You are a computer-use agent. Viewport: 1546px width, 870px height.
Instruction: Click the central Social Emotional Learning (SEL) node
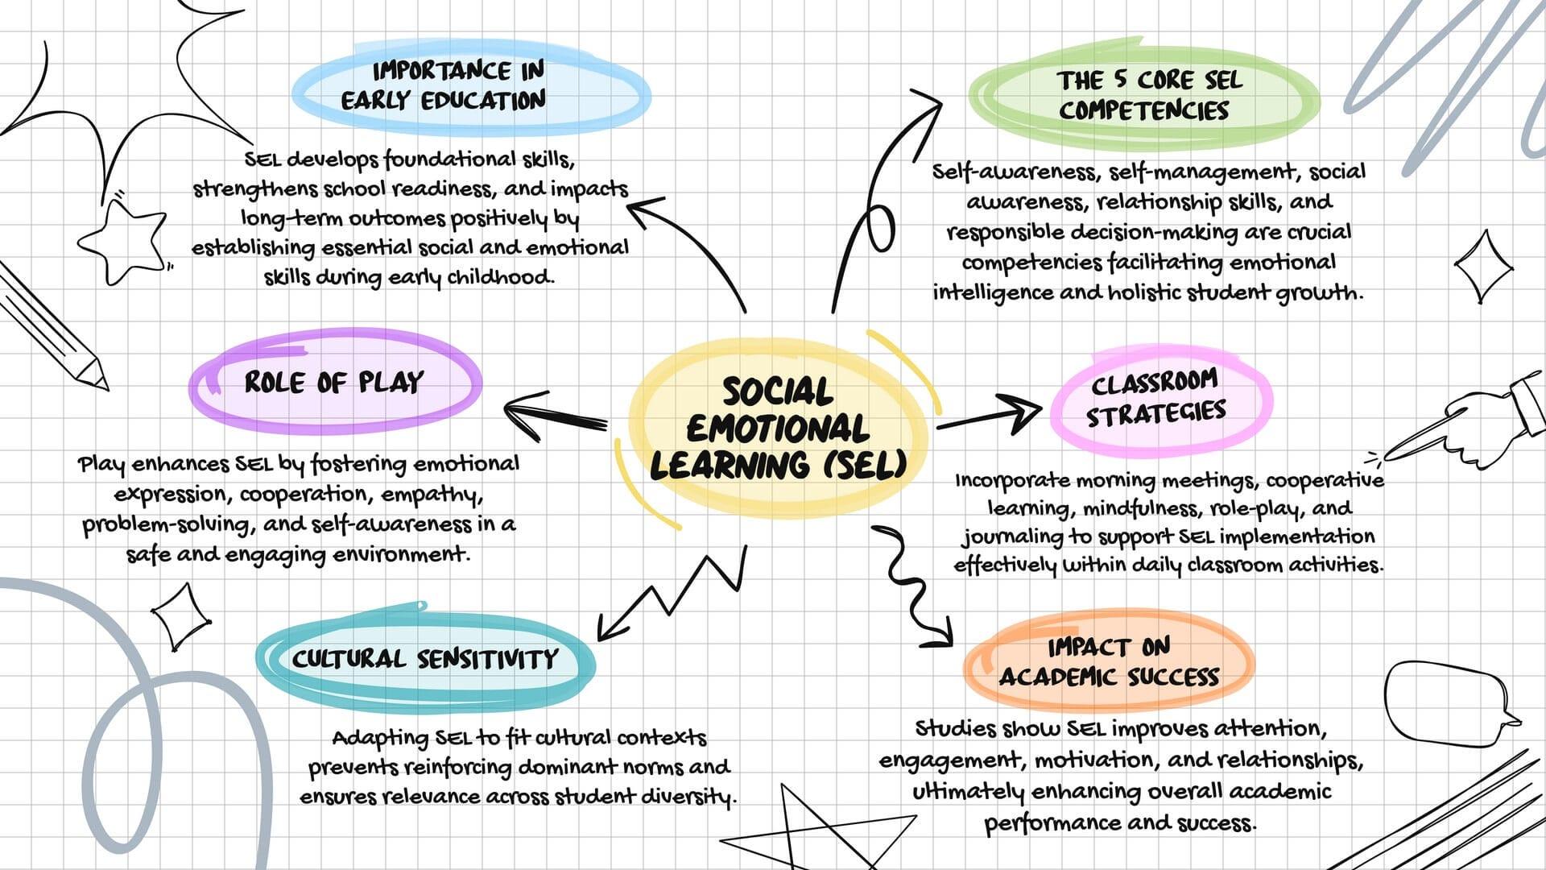(x=777, y=429)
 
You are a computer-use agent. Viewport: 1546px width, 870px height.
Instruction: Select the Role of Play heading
(x=334, y=382)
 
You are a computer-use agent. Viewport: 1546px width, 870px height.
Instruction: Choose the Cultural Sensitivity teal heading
(x=425, y=659)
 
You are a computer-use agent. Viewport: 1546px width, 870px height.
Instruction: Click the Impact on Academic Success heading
(x=1109, y=661)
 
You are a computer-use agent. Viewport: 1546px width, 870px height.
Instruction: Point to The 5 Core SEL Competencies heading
(x=1145, y=95)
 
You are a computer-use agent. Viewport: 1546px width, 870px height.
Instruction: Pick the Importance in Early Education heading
(x=444, y=85)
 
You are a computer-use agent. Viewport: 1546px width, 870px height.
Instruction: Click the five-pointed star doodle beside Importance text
(x=125, y=241)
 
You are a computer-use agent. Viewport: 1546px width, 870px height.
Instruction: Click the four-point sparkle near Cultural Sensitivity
(x=181, y=617)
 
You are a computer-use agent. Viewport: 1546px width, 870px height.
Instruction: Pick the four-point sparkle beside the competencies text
(x=1483, y=266)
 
